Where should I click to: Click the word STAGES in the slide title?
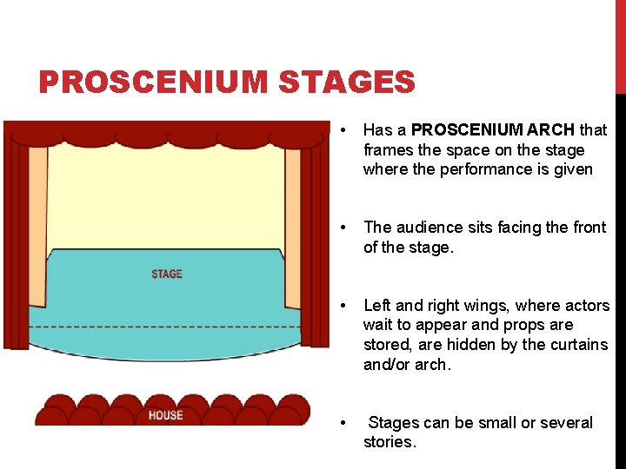[347, 83]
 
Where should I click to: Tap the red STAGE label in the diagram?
[166, 274]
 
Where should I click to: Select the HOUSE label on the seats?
[165, 415]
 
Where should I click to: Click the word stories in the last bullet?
[389, 442]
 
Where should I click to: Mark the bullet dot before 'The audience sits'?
[347, 228]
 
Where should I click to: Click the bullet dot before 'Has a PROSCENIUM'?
[347, 130]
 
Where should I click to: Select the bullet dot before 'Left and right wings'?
[347, 306]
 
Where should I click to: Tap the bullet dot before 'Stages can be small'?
[347, 423]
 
